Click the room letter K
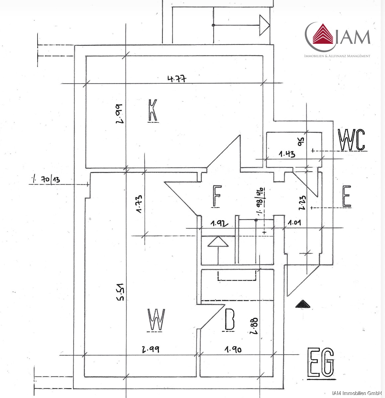click(153, 110)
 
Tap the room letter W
click(156, 320)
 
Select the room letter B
click(229, 320)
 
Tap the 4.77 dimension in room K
click(177, 79)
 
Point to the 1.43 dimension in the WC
click(287, 154)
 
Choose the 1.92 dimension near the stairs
click(220, 224)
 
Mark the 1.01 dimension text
click(294, 223)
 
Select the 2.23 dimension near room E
click(302, 203)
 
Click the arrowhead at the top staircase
click(264, 25)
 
